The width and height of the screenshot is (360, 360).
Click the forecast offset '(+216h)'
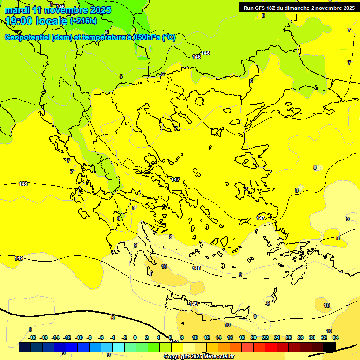click(x=83, y=21)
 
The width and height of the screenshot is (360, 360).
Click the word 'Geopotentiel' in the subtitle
click(x=27, y=37)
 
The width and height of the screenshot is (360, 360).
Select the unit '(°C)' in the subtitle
click(x=169, y=37)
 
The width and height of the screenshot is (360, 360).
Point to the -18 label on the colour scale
click(x=32, y=337)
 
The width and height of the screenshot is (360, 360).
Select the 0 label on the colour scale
click(x=135, y=337)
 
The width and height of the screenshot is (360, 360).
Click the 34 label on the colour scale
click(x=335, y=337)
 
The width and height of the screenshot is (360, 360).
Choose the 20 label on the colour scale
click(x=253, y=337)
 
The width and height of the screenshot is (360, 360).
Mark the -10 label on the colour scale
click(x=79, y=337)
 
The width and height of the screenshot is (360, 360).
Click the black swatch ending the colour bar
click(x=330, y=347)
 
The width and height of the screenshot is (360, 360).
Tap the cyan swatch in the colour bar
click(x=119, y=347)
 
